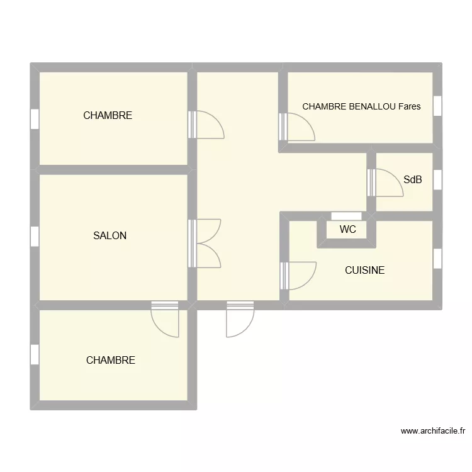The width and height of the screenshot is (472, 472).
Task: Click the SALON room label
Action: (110, 236)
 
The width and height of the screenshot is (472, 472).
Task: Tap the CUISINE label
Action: (364, 271)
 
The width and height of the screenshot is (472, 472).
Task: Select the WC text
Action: (347, 230)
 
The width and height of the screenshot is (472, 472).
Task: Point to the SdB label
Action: (412, 180)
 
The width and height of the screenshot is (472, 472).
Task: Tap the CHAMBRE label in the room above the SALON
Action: (108, 116)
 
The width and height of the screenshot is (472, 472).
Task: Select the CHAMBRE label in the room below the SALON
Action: (111, 361)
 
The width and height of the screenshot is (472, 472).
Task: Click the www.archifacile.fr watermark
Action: (433, 431)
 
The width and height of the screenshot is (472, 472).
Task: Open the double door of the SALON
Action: (206, 243)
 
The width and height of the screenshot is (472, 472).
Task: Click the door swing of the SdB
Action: (381, 183)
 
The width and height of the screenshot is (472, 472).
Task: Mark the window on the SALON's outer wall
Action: (35, 236)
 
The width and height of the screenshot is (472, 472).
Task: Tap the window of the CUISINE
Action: (437, 259)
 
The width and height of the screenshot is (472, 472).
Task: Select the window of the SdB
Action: (437, 180)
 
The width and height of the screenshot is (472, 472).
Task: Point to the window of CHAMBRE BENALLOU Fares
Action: (437, 104)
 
